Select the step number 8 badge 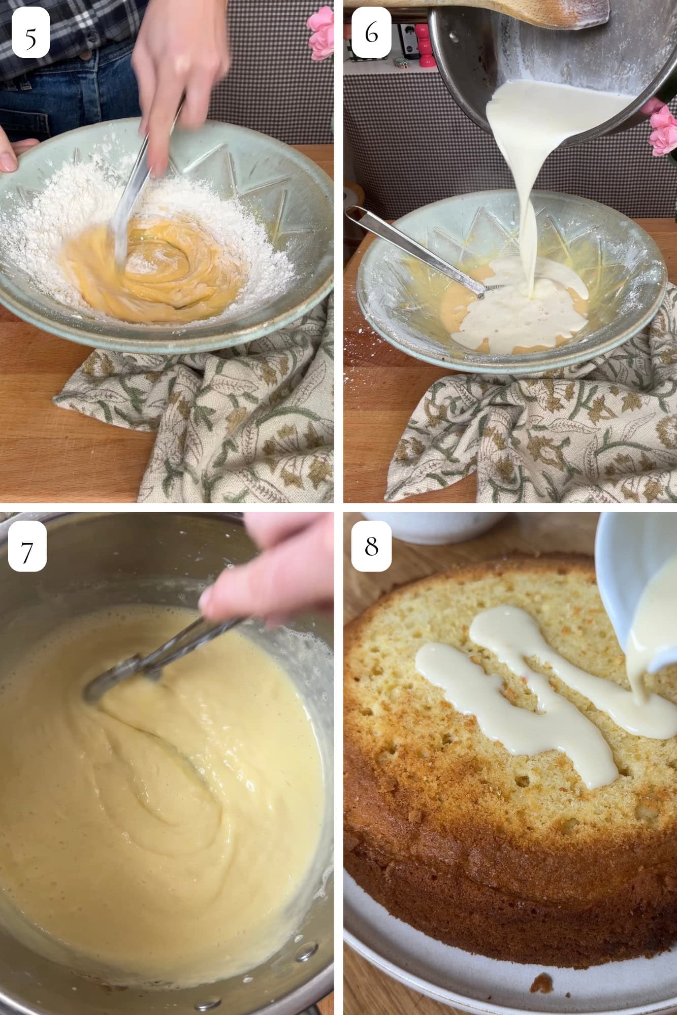[372, 547]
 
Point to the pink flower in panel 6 [663, 132]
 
